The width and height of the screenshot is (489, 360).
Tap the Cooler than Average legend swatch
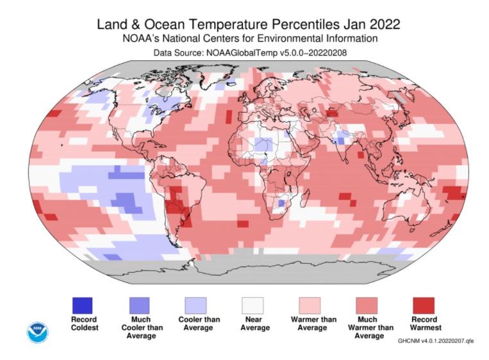coord(195,305)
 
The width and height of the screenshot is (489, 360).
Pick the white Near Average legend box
coord(252,305)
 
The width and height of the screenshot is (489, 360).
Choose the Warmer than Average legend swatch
coord(310,305)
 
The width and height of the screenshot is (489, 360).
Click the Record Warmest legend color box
coord(423,305)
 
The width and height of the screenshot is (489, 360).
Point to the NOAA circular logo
coord(37,332)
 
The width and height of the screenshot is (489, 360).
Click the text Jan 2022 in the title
coord(372,24)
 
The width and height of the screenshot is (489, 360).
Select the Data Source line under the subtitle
coord(249,52)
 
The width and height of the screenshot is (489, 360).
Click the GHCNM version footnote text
coord(436,341)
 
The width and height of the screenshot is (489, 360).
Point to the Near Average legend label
coord(252,323)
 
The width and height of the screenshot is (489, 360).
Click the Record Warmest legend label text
coord(423,323)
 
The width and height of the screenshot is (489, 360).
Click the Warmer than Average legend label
coord(310,323)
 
